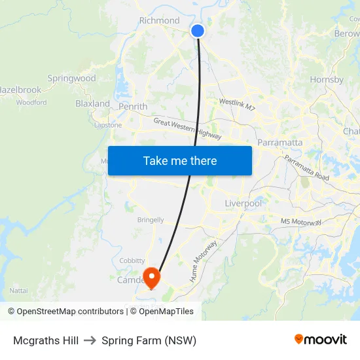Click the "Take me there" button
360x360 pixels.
click(x=180, y=160)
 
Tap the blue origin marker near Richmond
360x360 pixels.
click(x=197, y=31)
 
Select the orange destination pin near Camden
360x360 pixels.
click(x=151, y=278)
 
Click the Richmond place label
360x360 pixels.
click(x=159, y=20)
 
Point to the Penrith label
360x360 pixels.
click(x=133, y=106)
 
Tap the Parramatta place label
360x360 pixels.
click(x=280, y=142)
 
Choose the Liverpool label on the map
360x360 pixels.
click(x=243, y=204)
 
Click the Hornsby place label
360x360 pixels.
click(x=327, y=80)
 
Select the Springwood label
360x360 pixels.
click(x=71, y=78)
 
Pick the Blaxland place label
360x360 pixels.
click(x=92, y=103)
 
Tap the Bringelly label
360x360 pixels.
click(x=151, y=220)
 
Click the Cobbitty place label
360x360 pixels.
click(x=132, y=261)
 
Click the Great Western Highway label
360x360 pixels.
click(x=187, y=129)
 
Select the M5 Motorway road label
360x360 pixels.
click(x=301, y=223)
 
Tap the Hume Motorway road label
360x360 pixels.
click(x=203, y=261)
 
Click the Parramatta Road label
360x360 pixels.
click(x=306, y=168)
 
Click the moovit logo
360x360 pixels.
click(x=321, y=340)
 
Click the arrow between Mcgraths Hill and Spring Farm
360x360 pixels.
click(x=90, y=340)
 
